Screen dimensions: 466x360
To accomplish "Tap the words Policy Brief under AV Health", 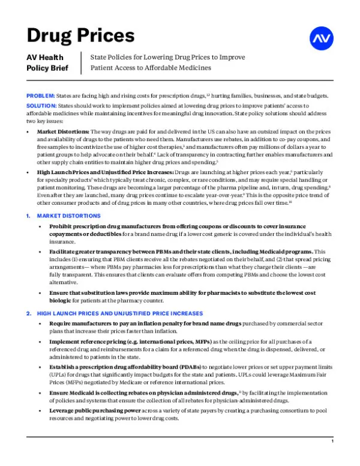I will point(48,68).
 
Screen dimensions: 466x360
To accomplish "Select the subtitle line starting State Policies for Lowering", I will point(167,57).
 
